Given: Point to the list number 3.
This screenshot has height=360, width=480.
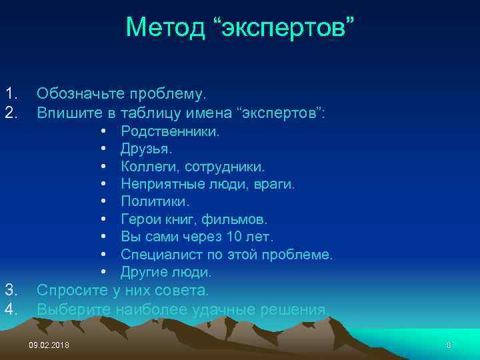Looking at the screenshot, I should tap(10, 289).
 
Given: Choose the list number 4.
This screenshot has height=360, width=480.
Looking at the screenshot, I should tap(10, 309).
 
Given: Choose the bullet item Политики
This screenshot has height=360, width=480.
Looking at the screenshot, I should tap(155, 201).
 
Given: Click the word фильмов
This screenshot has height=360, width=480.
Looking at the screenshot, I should tap(241, 219).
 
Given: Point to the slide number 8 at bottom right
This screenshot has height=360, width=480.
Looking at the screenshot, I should tap(449, 345).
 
